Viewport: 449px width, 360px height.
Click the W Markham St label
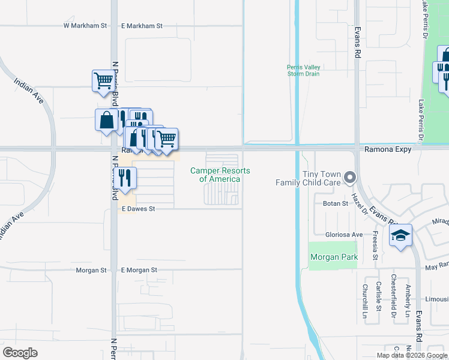85,26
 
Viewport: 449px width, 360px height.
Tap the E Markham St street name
142,26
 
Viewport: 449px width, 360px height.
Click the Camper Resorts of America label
220,175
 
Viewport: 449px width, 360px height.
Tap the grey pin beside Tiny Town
351,178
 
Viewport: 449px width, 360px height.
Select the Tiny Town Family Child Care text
308,178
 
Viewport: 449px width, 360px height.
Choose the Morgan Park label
334,257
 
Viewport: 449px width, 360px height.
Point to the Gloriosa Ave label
344,235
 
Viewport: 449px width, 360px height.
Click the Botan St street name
336,204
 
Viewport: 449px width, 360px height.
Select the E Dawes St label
138,209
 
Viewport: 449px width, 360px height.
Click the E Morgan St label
139,270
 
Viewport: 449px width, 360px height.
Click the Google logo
20,353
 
